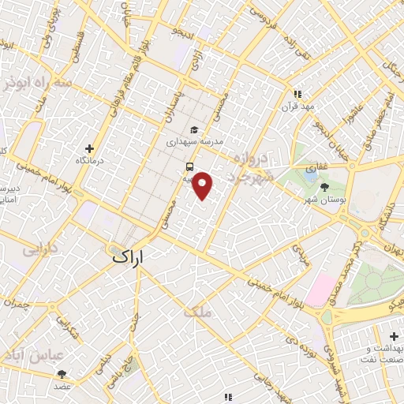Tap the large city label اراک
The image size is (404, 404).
[x=129, y=256]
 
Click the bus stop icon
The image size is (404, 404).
[x=189, y=166]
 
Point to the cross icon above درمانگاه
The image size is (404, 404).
[x=90, y=148]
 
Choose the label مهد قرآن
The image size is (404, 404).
[x=301, y=105]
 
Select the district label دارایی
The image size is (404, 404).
[x=40, y=251]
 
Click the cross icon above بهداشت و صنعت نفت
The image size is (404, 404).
[x=394, y=337]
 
